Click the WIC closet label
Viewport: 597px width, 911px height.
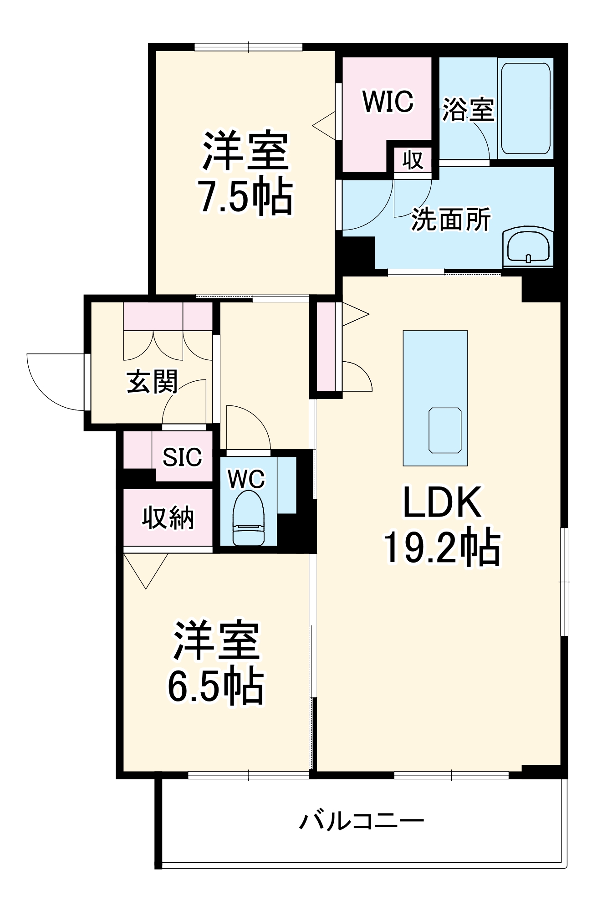[388, 101]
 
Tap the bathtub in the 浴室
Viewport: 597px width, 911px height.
[526, 108]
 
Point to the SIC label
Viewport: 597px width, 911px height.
[182, 457]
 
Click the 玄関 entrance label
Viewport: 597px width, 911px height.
[152, 382]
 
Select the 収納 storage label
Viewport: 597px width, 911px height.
[168, 518]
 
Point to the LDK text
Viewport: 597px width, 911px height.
[442, 502]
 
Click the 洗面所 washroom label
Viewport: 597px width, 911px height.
[451, 220]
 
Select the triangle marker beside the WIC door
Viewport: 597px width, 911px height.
[325, 125]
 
